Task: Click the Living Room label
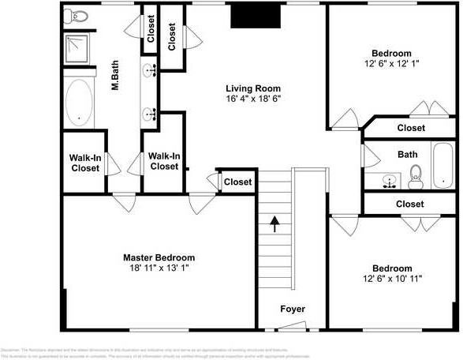[253, 88]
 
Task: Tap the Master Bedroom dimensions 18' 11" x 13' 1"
[158, 268]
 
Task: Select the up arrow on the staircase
[274, 226]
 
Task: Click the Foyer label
[293, 309]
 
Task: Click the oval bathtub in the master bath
[80, 103]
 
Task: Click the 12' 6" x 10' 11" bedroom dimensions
[392, 279]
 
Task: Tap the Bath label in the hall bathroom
[407, 155]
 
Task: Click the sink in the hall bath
[387, 182]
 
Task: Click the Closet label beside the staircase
[237, 182]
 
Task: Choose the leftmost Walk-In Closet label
[85, 163]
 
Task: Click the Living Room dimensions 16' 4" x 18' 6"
[253, 99]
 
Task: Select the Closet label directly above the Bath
[411, 128]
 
